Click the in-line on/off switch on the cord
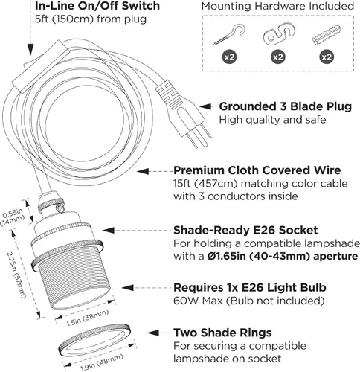42,66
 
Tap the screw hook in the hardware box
230,34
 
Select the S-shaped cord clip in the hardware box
279,34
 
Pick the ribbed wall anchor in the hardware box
326,35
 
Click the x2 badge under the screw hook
229,57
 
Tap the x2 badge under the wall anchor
327,57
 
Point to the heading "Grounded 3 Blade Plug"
286,106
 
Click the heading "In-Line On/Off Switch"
97,6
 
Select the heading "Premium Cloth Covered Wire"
257,170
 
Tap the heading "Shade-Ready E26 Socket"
245,231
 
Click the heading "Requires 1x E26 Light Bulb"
250,288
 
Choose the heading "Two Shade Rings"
222,333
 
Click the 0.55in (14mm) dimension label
13,217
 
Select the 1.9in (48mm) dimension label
102,362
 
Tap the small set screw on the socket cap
60,208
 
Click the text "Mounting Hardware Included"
277,6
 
